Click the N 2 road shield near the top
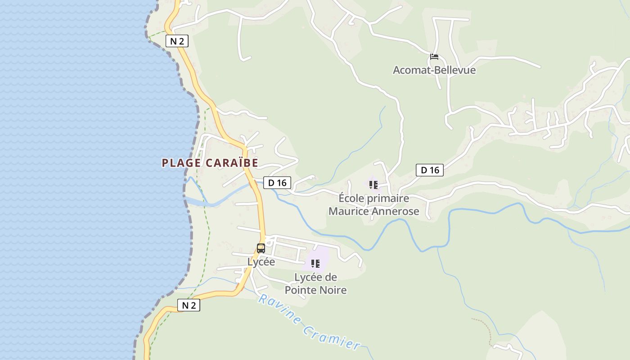tap(176, 41)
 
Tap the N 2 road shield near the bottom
tap(189, 305)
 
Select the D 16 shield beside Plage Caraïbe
tap(277, 183)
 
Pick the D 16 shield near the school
tap(429, 170)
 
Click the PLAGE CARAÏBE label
tap(210, 163)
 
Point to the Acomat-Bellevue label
tap(434, 70)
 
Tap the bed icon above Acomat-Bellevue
tap(434, 57)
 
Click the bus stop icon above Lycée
tap(261, 248)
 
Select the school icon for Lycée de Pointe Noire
tap(315, 263)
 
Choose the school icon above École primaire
tap(373, 184)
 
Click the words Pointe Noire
tap(316, 290)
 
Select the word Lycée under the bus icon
tap(261, 261)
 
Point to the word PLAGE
tap(181, 163)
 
